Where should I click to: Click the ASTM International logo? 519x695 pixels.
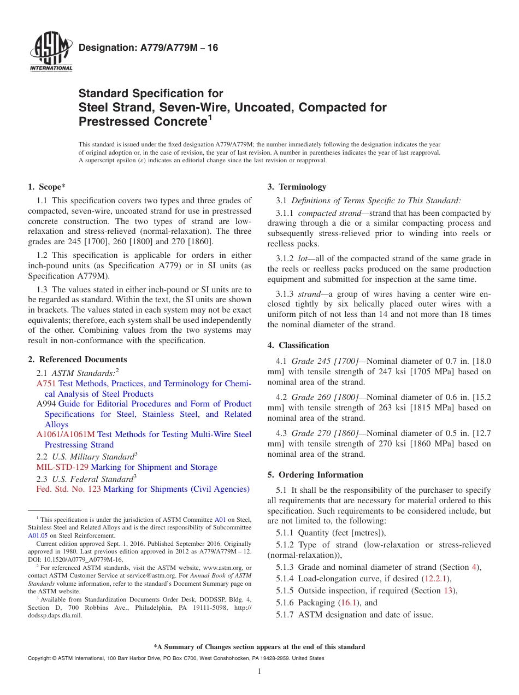pyautogui.click(x=51, y=52)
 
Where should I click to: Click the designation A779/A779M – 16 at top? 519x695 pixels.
pyautogui.click(x=148, y=48)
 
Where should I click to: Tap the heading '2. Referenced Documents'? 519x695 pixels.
pyautogui.click(x=77, y=360)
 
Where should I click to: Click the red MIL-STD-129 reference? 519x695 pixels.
pyautogui.click(x=62, y=467)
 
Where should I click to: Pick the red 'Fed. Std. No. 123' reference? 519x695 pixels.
pyautogui.click(x=68, y=489)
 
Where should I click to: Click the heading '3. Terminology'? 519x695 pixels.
pyautogui.click(x=297, y=187)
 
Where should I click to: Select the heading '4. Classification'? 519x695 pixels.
pyautogui.click(x=298, y=345)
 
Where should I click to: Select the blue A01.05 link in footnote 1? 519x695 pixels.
pyautogui.click(x=38, y=535)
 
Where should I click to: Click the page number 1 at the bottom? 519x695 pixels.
pyautogui.click(x=259, y=671)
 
